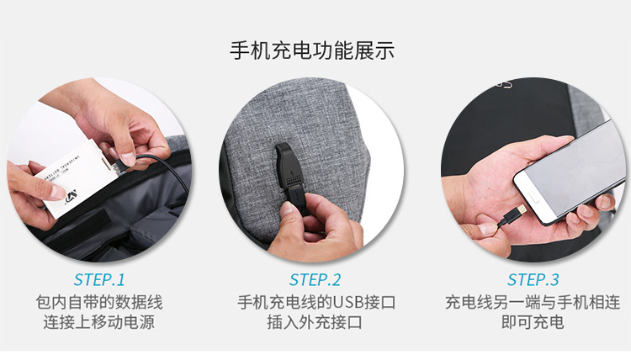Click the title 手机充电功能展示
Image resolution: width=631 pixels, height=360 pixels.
pyautogui.click(x=312, y=50)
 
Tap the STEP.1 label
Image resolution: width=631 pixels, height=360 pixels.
pyautogui.click(x=99, y=279)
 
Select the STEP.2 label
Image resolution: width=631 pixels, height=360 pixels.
pyautogui.click(x=315, y=279)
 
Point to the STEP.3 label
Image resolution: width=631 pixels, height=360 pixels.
pyautogui.click(x=533, y=279)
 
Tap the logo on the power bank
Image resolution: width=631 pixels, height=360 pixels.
pyautogui.click(x=72, y=197)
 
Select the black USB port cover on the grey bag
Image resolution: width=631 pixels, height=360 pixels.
pyautogui.click(x=289, y=166)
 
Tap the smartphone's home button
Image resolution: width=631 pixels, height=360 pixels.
pyautogui.click(x=533, y=197)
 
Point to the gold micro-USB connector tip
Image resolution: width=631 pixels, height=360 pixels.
pyautogui.click(x=522, y=209)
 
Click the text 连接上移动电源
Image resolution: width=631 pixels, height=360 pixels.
pyautogui.click(x=99, y=322)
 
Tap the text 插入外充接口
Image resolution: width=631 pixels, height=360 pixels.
pyautogui.click(x=315, y=322)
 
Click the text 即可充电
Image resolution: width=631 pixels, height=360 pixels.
pyautogui.click(x=533, y=322)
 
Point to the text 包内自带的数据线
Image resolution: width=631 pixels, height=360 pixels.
pyautogui.click(x=99, y=303)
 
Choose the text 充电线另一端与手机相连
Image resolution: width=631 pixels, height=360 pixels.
pyautogui.click(x=533, y=303)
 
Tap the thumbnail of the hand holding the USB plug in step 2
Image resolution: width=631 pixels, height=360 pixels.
pyautogui.click(x=312, y=170)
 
